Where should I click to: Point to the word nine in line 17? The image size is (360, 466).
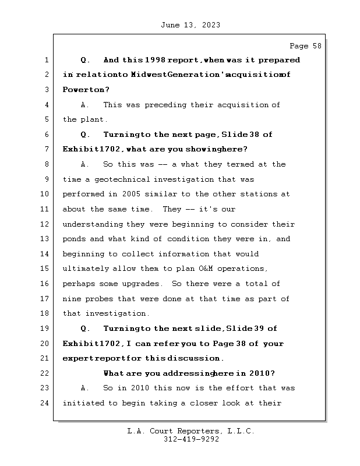(72, 299)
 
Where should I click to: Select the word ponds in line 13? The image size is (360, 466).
(75, 239)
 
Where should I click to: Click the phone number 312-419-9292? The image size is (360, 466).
(191, 440)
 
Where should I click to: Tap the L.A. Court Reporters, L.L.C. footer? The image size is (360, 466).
(191, 431)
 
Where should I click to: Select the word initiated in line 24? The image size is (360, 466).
(84, 403)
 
